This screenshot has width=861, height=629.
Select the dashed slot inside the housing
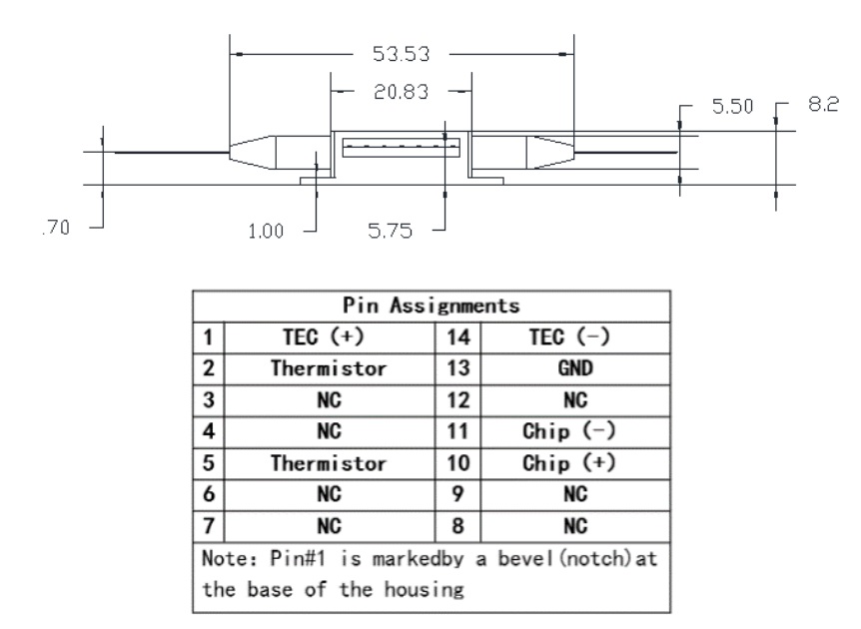401,147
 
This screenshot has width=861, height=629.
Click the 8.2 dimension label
822,104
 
